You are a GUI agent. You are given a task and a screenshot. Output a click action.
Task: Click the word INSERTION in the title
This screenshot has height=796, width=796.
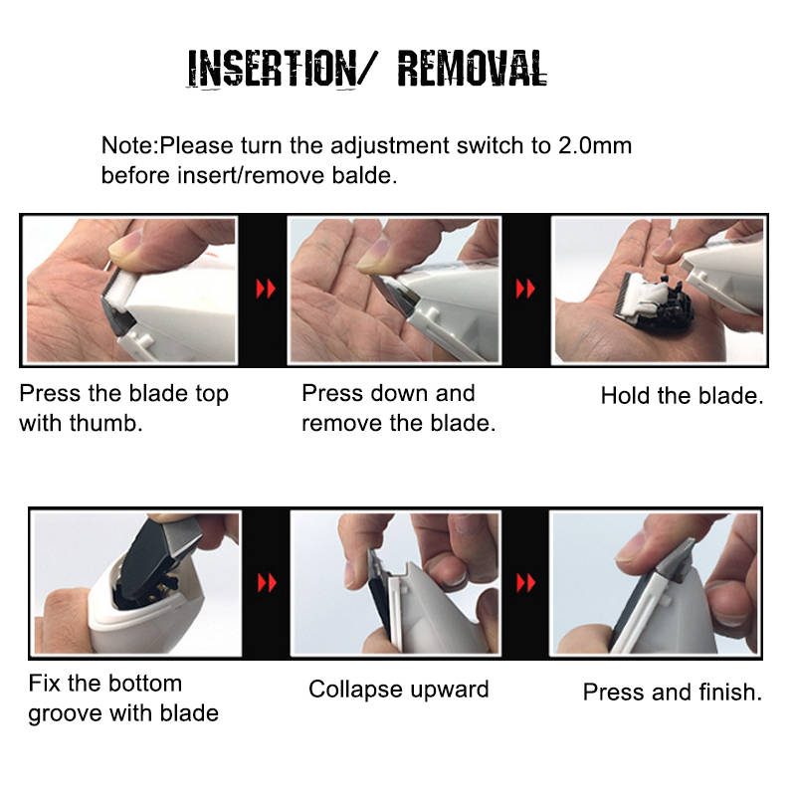point(272,69)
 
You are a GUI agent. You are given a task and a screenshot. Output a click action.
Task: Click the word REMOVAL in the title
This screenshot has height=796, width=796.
point(472,68)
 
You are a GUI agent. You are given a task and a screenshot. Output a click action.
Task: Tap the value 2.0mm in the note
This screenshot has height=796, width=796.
point(595,145)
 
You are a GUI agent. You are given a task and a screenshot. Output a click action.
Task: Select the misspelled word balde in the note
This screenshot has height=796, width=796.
point(364,176)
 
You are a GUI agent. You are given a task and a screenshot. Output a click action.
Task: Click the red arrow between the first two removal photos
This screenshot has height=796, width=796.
point(266,289)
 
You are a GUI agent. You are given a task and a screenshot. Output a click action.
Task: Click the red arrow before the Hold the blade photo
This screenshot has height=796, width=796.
point(525,289)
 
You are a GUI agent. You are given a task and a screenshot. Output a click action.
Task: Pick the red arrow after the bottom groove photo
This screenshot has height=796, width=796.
point(267,583)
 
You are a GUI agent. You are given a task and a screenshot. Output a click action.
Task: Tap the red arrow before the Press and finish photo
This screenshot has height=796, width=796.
point(526,583)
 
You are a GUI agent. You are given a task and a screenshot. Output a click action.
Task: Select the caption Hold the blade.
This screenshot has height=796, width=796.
point(683,395)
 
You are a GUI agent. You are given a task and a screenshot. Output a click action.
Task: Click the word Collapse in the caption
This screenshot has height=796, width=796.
point(356,690)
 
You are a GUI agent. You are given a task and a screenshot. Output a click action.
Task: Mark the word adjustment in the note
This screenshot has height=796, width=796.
point(390,146)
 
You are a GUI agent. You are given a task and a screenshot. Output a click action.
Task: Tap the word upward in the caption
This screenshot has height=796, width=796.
point(450,690)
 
